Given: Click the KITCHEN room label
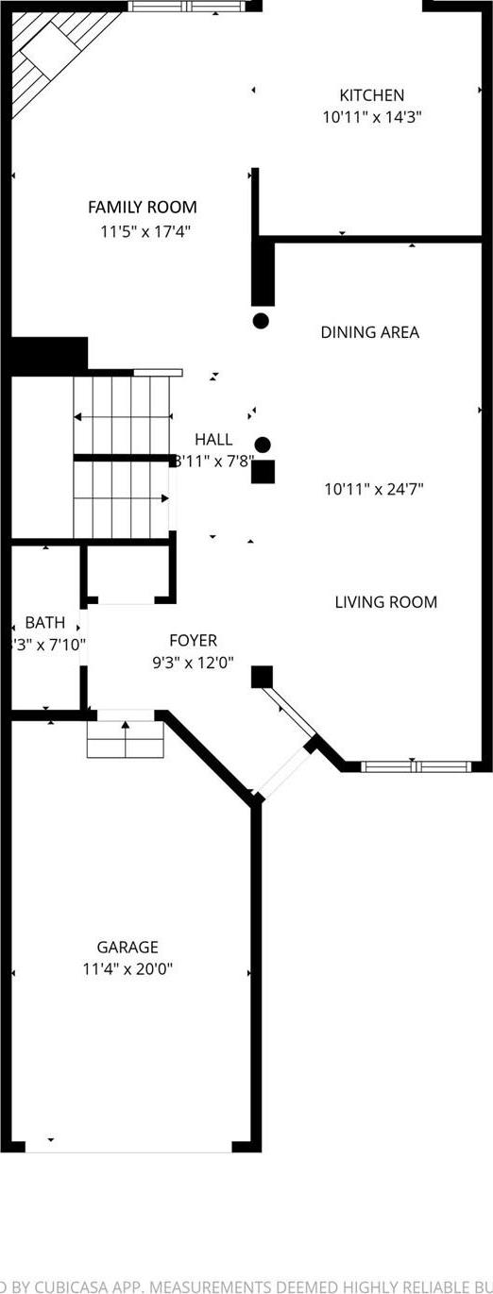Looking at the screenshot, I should click(372, 95).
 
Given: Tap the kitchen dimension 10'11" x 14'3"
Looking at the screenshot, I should click(372, 118).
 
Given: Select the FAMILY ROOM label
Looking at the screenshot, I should click(143, 208).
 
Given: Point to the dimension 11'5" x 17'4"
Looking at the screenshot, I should click(143, 230).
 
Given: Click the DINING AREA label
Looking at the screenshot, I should click(369, 332).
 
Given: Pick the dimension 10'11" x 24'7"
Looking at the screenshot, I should click(374, 489).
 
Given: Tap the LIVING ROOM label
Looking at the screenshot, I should click(385, 602).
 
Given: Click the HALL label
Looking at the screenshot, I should click(213, 439).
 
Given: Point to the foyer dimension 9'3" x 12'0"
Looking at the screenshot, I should click(194, 663).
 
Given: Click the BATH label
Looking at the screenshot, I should click(45, 623).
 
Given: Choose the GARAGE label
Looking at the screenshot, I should click(127, 948).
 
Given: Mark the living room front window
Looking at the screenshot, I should click(416, 766).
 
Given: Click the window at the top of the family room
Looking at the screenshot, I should click(186, 7).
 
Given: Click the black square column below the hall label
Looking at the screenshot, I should click(263, 472).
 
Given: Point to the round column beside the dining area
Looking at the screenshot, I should click(262, 321).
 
